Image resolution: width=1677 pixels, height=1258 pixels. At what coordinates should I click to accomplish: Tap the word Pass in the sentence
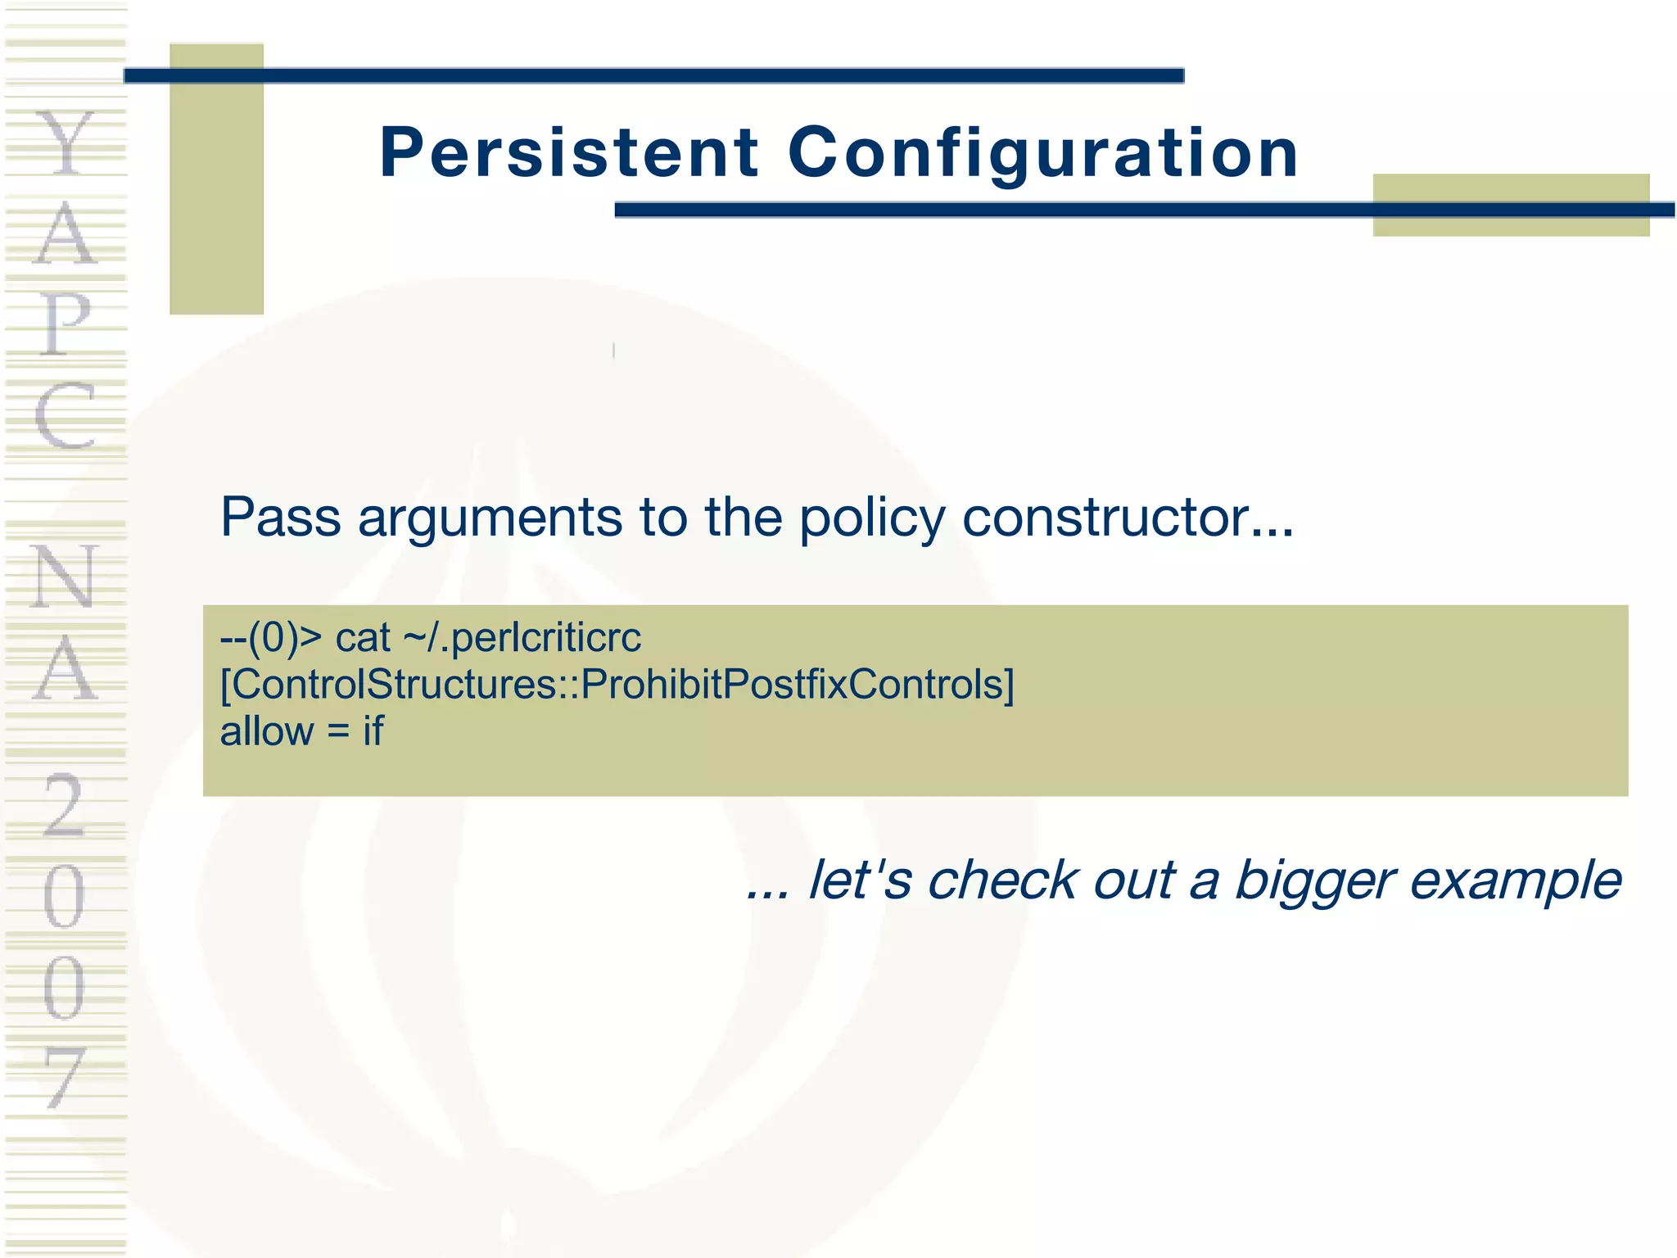[x=280, y=518]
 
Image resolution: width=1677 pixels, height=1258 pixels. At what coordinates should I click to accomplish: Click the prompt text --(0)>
[x=271, y=637]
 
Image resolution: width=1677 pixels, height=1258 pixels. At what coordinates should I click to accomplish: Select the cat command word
[x=362, y=638]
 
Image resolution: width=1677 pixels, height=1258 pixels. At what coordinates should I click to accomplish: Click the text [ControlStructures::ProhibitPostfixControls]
[x=617, y=684]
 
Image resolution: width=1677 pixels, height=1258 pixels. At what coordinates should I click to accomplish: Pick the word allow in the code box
[x=266, y=731]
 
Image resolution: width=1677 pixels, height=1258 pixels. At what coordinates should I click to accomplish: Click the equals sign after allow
[x=338, y=732]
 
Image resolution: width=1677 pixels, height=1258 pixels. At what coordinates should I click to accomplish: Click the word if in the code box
[x=373, y=731]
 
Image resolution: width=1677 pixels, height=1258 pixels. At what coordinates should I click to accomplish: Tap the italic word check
[x=1002, y=880]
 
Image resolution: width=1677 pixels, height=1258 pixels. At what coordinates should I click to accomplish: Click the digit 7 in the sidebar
[x=64, y=1078]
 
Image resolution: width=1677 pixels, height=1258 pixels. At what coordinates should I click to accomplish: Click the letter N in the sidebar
[x=64, y=577]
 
